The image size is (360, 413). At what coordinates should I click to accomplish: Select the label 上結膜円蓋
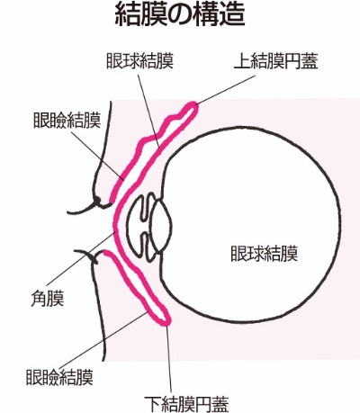pyautogui.click(x=275, y=62)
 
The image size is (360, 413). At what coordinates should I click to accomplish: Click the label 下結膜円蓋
pyautogui.click(x=186, y=404)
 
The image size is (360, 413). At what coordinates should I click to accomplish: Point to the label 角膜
pyautogui.click(x=48, y=299)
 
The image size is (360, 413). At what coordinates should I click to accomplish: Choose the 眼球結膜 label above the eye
pyautogui.click(x=140, y=61)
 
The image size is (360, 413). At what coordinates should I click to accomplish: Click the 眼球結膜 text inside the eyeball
pyautogui.click(x=265, y=254)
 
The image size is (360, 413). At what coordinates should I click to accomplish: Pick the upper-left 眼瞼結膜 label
pyautogui.click(x=67, y=121)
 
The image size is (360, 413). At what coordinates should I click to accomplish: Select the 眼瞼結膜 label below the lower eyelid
pyautogui.click(x=59, y=377)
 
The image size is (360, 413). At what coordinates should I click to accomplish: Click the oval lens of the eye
pyautogui.click(x=161, y=226)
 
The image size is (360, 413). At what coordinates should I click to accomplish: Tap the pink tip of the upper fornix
pyautogui.click(x=193, y=106)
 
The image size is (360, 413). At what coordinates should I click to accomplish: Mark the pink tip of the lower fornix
pyautogui.click(x=165, y=321)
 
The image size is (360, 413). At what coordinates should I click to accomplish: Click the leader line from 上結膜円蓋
pyautogui.click(x=226, y=89)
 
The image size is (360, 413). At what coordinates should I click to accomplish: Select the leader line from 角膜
pyautogui.click(x=81, y=258)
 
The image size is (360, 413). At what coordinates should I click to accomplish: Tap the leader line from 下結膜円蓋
pyautogui.click(x=169, y=359)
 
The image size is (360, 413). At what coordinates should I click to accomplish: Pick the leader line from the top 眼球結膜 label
pyautogui.click(x=148, y=110)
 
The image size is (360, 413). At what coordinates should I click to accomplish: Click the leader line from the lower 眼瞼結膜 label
pyautogui.click(x=103, y=339)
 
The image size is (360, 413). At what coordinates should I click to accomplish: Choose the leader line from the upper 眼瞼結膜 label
pyautogui.click(x=98, y=154)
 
